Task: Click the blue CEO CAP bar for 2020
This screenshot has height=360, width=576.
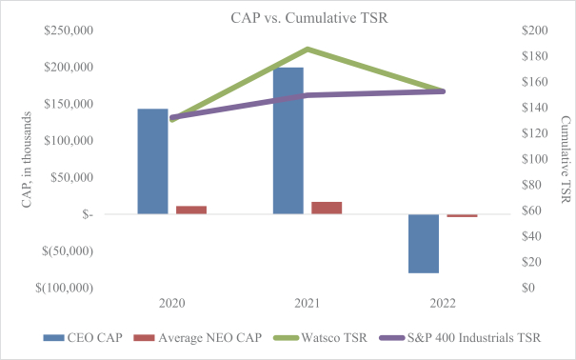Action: (153, 161)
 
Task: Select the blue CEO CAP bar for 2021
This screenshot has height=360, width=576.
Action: (288, 141)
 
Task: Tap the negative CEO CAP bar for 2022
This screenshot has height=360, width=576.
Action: (424, 244)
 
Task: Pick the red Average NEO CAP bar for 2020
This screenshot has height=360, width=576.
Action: (191, 210)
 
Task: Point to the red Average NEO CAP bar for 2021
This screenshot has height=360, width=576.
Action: (327, 208)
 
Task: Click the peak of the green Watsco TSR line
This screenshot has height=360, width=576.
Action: (308, 50)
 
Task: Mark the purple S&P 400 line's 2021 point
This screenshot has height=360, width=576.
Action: (308, 95)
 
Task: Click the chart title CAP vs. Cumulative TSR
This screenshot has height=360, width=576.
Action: (309, 18)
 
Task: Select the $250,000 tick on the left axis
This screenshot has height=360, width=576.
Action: (69, 30)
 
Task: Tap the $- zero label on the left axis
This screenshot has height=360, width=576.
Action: (88, 214)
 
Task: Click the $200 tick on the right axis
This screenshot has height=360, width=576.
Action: (534, 30)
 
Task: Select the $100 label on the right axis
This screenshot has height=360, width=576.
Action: (534, 159)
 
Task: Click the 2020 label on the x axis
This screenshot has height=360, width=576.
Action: (172, 304)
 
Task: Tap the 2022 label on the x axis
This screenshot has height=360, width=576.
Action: (443, 304)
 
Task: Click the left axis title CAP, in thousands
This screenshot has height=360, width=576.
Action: (27, 160)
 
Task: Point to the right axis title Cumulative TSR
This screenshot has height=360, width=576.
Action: (566, 159)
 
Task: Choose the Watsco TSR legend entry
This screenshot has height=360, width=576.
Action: (321, 337)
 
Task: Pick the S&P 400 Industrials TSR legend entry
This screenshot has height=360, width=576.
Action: (460, 337)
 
